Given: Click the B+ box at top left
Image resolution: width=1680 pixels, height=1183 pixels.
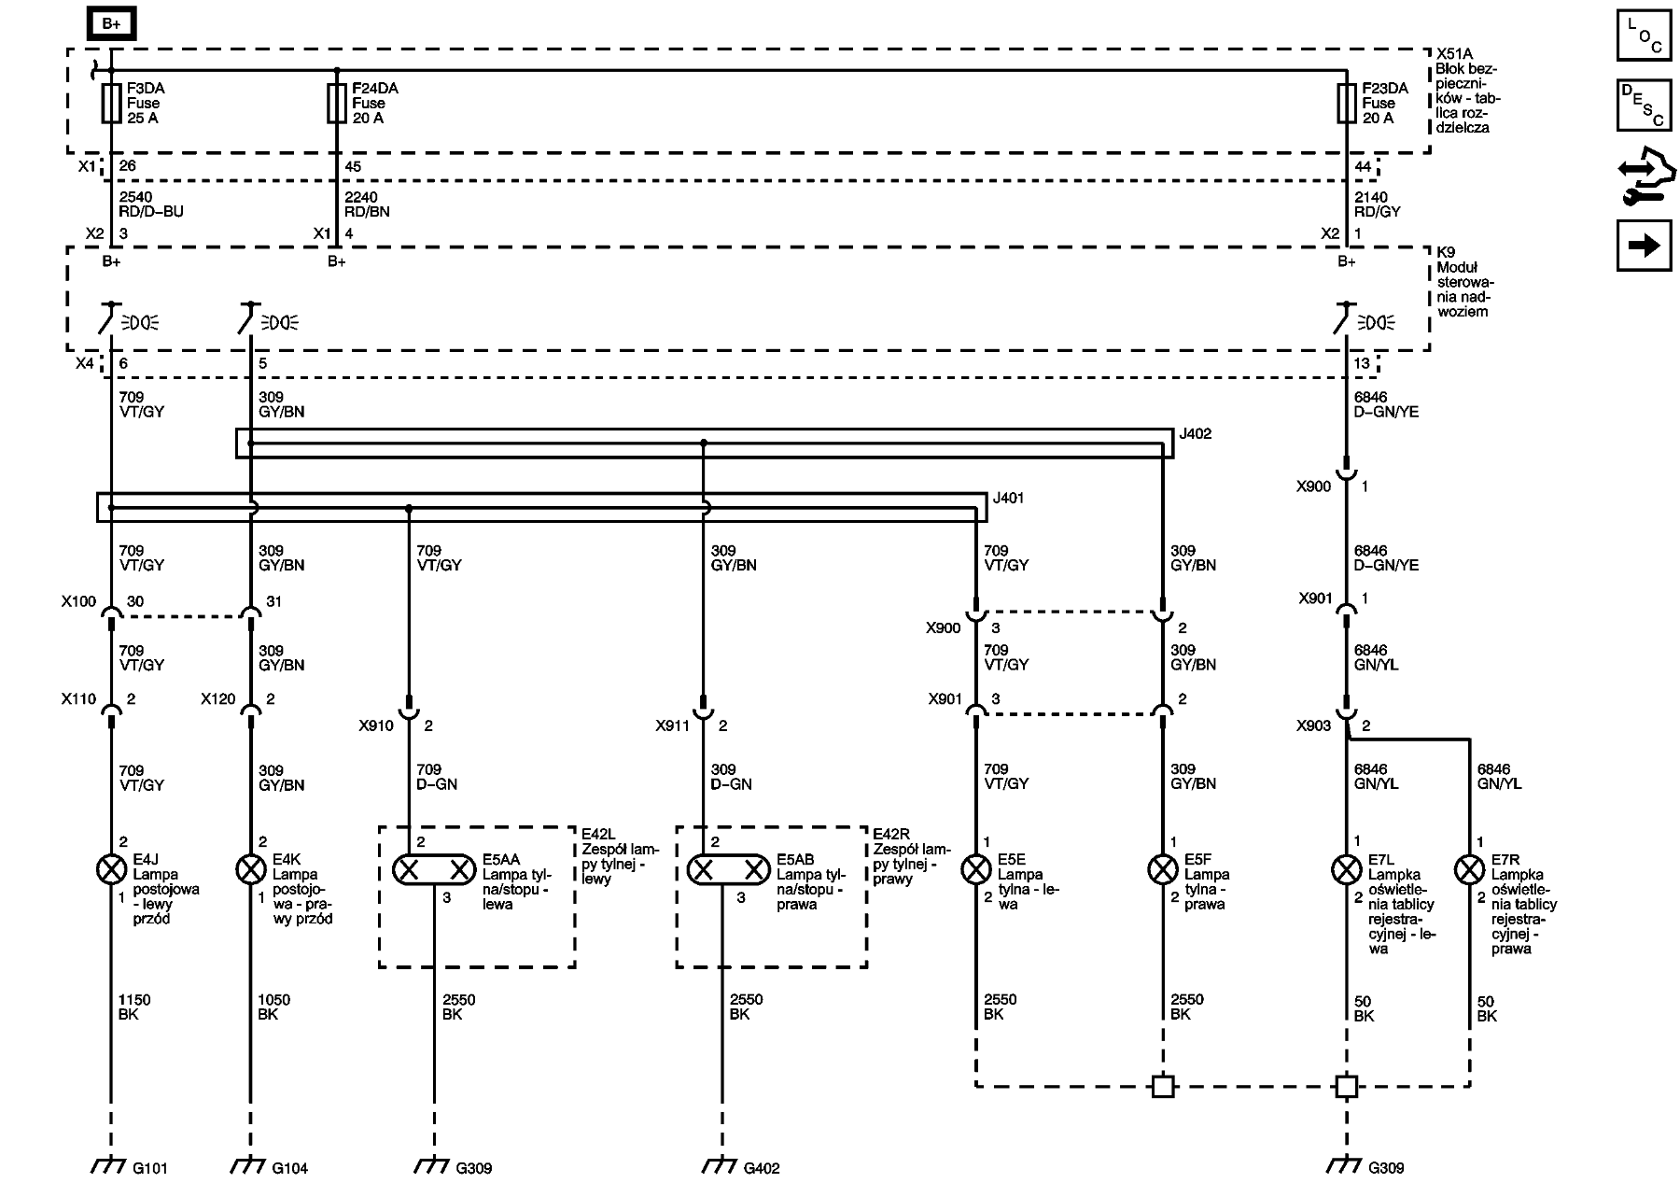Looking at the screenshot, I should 111,24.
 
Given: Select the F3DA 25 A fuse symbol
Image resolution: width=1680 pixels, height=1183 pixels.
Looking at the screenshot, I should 111,103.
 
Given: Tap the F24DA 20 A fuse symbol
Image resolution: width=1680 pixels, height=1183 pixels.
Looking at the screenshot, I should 337,103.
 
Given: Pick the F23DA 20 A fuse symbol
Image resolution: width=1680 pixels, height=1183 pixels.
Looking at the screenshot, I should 1346,103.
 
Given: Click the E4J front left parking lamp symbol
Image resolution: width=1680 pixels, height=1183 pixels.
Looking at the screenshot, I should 111,869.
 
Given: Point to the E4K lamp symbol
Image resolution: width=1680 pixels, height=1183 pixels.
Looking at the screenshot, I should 250,869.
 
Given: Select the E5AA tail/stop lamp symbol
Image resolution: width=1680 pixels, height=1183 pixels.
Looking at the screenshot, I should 434,870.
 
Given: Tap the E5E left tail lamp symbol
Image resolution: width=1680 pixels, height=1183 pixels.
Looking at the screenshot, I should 976,869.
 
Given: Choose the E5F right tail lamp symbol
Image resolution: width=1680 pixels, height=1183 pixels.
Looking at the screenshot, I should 1163,869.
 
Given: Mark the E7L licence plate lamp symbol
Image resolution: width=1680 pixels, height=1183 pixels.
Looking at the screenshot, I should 1346,869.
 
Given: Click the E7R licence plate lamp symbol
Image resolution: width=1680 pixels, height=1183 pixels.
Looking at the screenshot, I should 1469,869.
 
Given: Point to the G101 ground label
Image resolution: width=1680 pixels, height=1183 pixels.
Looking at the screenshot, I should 149,1168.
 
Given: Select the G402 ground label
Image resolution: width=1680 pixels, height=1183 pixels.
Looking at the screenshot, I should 761,1168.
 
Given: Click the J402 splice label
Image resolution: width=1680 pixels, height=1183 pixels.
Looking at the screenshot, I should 1196,434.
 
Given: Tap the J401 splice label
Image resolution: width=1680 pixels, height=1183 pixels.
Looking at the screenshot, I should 1008,499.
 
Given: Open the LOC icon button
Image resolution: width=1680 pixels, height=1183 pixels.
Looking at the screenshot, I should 1644,35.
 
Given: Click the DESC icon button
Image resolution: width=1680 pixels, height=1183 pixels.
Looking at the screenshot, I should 1644,105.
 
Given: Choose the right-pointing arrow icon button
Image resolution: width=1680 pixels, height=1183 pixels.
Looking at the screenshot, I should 1644,246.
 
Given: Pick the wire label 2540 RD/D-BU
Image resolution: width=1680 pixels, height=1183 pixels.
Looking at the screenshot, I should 151,204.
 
